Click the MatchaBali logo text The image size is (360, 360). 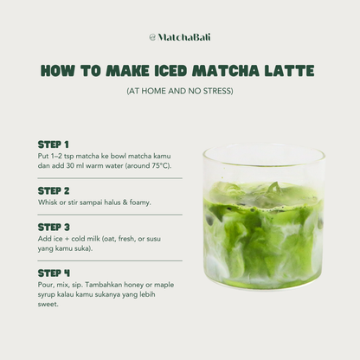[x=184, y=37]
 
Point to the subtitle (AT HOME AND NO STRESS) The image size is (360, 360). [x=180, y=91]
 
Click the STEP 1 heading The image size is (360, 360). [x=54, y=144]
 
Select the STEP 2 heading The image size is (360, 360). [x=54, y=190]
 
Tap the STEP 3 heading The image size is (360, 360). [x=54, y=227]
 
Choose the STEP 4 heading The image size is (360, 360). [x=54, y=273]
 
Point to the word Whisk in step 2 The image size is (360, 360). [x=48, y=202]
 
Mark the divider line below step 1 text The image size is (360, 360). [x=110, y=178]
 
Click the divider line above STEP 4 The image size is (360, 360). [x=110, y=260]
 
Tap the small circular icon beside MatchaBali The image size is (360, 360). [x=152, y=37]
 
